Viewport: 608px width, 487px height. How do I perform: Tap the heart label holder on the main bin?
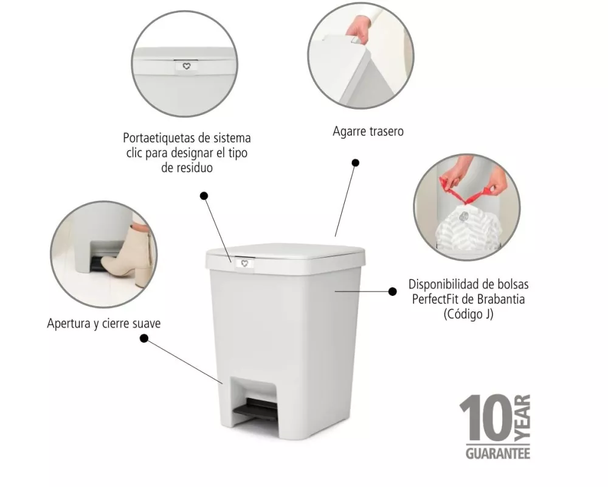[x=244, y=264]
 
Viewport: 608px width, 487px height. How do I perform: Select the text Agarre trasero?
[x=368, y=131]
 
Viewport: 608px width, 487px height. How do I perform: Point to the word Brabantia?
[x=501, y=299]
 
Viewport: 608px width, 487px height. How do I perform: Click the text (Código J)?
[x=468, y=314]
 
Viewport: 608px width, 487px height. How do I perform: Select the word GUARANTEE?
[x=498, y=453]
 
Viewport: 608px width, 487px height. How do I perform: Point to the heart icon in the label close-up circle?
[x=187, y=66]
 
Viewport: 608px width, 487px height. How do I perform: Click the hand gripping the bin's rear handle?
[x=357, y=30]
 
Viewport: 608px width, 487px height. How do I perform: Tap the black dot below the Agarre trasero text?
[x=355, y=163]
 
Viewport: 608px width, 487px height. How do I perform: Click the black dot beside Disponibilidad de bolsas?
[x=392, y=291]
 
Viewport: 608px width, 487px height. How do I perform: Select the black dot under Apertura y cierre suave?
[x=144, y=338]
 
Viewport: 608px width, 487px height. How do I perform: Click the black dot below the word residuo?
[x=204, y=196]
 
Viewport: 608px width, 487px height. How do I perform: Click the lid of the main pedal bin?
[x=285, y=256]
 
